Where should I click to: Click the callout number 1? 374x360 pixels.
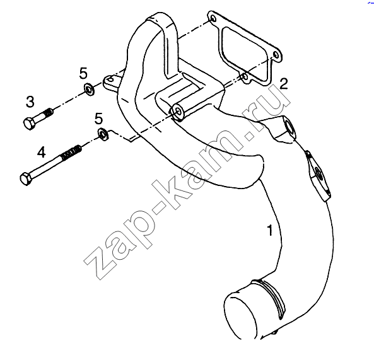coord(270,230)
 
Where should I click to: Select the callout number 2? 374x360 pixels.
coord(284,84)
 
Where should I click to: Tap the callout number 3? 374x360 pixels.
coord(30,102)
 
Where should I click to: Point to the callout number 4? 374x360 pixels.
coord(41,152)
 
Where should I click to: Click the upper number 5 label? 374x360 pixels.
coord(83,73)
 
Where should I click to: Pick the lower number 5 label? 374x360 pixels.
coord(98,119)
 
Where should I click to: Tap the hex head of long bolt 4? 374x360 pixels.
coord(25,179)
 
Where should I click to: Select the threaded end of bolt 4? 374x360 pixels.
coord(71,153)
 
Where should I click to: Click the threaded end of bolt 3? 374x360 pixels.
coord(48,113)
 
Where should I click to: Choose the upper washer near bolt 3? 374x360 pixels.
coord(89,90)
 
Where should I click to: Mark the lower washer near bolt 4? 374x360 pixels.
coord(103,134)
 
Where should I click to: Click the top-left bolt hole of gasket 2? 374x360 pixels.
coord(213,18)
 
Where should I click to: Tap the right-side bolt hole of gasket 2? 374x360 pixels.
coord(276,55)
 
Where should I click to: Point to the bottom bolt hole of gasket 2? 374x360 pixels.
coord(245,77)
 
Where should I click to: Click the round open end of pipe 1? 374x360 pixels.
coord(240,315)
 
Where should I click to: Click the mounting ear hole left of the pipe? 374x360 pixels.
coord(110,79)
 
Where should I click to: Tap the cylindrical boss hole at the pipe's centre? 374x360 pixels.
coord(177,111)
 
